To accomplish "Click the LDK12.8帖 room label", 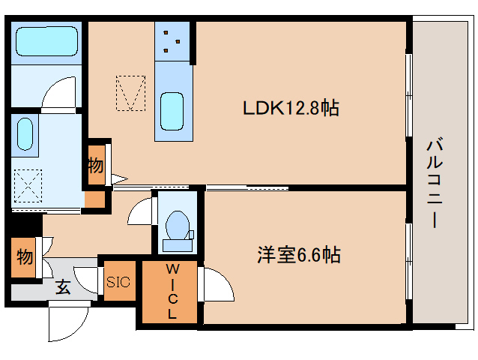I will click(291, 108).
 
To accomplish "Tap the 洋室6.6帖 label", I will click(299, 255).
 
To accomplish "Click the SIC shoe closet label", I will click(118, 282).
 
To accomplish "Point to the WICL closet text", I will click(172, 292).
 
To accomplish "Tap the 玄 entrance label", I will click(64, 287).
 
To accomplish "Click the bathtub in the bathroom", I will click(46, 43).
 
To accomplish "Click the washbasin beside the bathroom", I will click(25, 135).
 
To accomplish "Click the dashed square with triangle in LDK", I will click(131, 93).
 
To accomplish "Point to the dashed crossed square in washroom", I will click(27, 185).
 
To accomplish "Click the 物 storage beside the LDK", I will click(95, 166).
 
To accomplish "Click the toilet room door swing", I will click(142, 212).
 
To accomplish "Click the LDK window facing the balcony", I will click(408, 95).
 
